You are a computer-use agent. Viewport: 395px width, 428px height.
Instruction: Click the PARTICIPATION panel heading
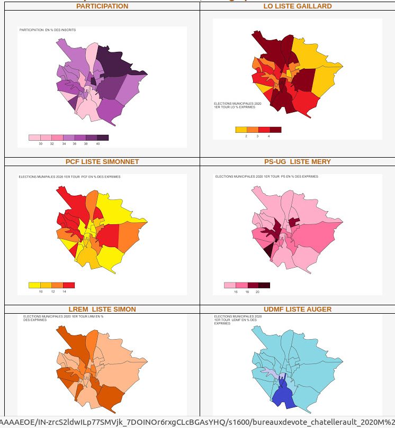[102, 6]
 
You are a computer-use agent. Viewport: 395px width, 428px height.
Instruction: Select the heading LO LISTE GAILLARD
[298, 6]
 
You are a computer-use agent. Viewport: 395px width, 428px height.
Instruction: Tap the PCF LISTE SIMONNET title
[102, 161]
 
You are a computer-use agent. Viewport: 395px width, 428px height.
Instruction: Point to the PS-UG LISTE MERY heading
[298, 161]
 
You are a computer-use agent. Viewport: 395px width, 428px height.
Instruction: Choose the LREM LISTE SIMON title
[102, 309]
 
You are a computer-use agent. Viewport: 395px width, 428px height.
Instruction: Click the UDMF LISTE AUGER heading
[298, 309]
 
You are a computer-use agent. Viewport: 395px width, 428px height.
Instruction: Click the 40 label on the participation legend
[97, 144]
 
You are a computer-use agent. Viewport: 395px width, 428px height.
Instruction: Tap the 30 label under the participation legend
[41, 144]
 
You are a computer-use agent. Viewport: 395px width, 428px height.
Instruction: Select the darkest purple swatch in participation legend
[103, 138]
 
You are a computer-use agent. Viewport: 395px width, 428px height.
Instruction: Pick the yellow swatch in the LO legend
[241, 130]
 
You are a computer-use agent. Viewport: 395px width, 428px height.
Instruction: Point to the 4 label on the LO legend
[269, 136]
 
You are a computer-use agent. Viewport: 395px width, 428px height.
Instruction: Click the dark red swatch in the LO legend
[275, 130]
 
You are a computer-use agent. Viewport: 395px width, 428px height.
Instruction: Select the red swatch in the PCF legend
[69, 285]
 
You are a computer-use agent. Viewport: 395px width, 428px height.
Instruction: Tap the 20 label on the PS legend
[258, 292]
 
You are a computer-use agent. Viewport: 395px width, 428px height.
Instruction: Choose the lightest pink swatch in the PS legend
[230, 285]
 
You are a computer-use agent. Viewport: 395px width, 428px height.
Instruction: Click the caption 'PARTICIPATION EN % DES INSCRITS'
[48, 30]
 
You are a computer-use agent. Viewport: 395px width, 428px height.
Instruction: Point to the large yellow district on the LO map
[312, 58]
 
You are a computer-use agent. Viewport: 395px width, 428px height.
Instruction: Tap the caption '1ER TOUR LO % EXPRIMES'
[235, 107]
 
